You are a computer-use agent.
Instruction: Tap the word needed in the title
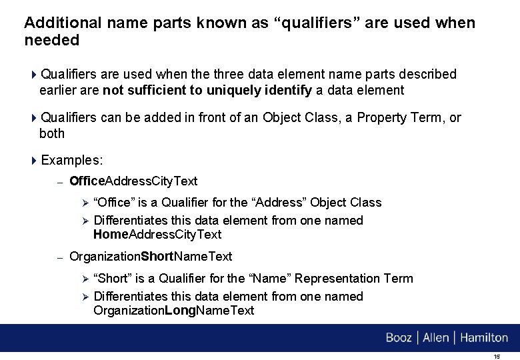(51, 40)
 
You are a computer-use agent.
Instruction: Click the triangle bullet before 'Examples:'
(35, 161)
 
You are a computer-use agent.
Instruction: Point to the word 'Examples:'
(72, 161)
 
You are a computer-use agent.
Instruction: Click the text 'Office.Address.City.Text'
(133, 181)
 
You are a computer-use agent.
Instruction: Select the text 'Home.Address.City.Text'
(157, 235)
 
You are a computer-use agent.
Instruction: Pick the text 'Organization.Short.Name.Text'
(151, 257)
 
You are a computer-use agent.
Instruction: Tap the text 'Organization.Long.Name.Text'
(173, 311)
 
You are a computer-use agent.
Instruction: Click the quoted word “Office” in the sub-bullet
(114, 203)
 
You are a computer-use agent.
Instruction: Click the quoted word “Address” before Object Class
(271, 203)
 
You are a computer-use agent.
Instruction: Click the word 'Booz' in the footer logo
(399, 338)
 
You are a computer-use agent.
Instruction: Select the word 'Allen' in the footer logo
(436, 338)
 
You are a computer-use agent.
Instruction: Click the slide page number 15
(496, 357)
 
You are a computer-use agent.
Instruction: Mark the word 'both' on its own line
(52, 133)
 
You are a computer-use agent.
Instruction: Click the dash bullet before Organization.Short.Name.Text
(59, 257)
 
